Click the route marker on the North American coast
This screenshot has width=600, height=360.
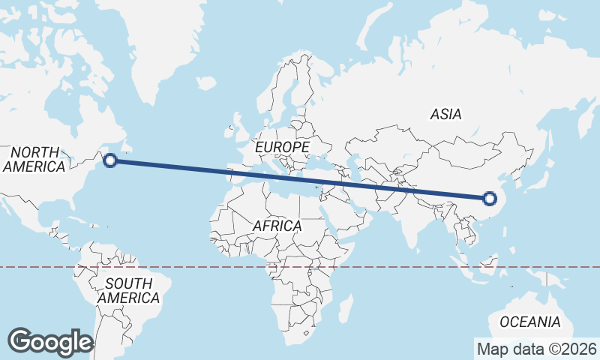click(110, 160)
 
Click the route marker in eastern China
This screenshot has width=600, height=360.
click(490, 199)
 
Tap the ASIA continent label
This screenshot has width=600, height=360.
click(445, 115)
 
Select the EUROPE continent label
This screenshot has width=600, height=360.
click(282, 147)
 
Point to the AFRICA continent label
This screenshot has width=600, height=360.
click(277, 225)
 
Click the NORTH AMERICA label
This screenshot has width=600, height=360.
click(34, 159)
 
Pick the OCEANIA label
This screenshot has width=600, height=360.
click(529, 322)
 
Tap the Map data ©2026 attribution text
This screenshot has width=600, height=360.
click(536, 349)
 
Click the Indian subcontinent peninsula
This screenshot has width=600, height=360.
click(409, 221)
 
